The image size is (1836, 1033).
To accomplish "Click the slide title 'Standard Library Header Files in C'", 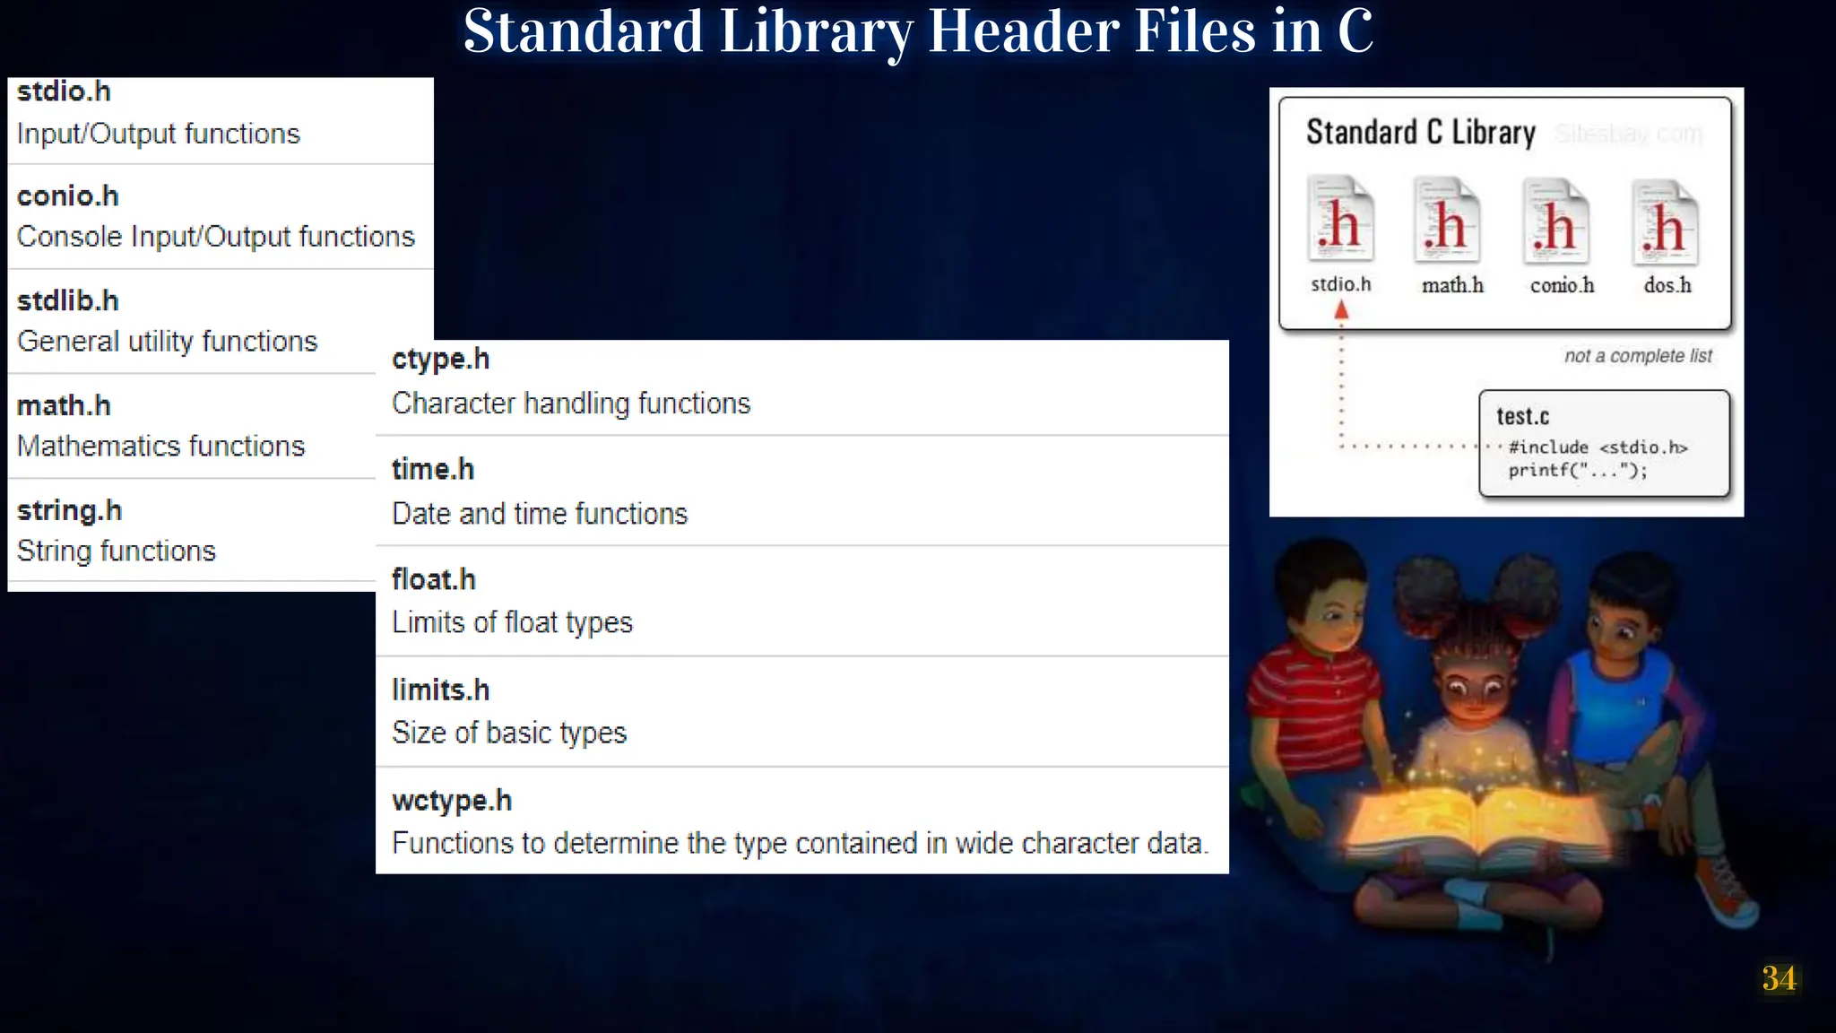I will [917, 32].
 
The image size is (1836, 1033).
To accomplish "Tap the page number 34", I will [1779, 978].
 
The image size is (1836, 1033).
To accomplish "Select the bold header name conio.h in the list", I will [68, 195].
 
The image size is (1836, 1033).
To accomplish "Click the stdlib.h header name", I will [68, 300].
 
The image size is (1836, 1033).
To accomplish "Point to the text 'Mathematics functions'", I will [161, 446].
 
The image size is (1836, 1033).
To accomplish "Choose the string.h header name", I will [70, 510].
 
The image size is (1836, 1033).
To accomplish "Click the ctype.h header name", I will [441, 359].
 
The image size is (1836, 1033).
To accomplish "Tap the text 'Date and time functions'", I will [540, 514].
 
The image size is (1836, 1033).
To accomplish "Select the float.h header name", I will [434, 579].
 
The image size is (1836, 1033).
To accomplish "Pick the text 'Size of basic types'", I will [509, 733].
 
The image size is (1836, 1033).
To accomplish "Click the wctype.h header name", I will [452, 800].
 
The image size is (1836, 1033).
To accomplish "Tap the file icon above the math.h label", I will [1446, 221].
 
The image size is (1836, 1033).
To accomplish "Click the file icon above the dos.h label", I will [1666, 222].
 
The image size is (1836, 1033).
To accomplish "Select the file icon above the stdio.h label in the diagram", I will [1340, 219].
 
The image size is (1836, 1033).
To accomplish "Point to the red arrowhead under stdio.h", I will [1341, 311].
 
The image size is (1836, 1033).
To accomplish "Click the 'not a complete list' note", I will [1638, 356].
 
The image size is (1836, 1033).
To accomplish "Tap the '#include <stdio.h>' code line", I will [1598, 447].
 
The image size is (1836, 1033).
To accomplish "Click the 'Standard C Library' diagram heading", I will [1420, 133].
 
